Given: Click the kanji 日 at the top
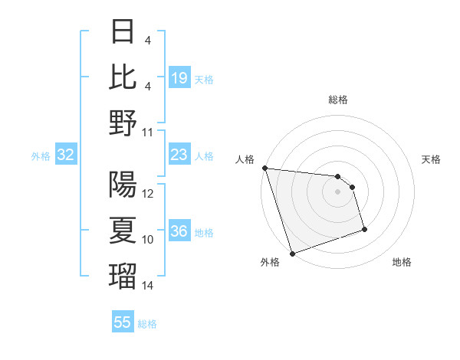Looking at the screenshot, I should tap(123, 33).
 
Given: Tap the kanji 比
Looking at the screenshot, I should tap(123, 77).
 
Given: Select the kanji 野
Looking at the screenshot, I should tap(123, 123).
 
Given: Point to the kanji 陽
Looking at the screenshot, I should tap(123, 185).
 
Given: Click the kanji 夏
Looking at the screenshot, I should tap(123, 231).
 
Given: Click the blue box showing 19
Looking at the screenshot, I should tap(179, 78).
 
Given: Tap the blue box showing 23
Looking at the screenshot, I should tap(179, 155).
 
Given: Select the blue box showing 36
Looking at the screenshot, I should tap(179, 232).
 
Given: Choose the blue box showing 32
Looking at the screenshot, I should tap(66, 155).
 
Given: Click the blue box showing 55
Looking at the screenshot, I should tap(123, 322).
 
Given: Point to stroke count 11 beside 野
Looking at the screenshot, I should tap(148, 132).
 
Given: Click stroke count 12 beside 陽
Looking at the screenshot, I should tap(148, 194).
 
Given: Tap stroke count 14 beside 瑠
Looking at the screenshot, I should tap(148, 286).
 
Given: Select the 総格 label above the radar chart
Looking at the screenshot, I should tap(338, 100).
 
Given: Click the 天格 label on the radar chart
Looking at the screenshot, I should tap(432, 159).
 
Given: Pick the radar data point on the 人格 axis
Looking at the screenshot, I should tap(264, 168).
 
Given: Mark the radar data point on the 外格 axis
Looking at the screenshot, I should tap(292, 254).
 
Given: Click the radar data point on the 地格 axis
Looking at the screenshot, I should tap(364, 229).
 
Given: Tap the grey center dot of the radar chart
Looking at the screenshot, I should tap(338, 191).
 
